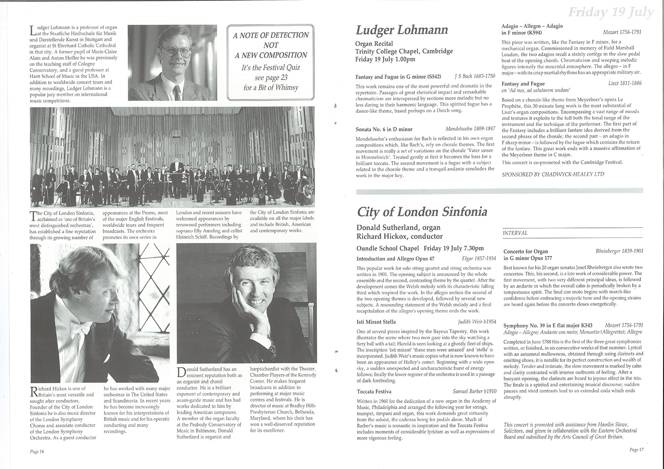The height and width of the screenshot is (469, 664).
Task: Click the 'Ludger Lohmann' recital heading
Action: pyautogui.click(x=402, y=31)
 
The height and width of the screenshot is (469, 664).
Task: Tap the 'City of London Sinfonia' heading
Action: pyautogui.click(x=421, y=212)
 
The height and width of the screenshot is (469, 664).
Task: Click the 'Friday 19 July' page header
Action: pyautogui.click(x=610, y=12)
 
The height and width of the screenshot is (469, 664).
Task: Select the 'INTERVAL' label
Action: pyautogui.click(x=515, y=233)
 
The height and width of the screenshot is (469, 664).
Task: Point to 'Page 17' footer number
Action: pyautogui.click(x=637, y=450)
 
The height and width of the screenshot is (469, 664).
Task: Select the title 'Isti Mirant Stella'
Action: pyautogui.click(x=376, y=322)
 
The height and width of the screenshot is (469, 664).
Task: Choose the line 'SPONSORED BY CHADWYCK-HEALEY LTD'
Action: pyautogui.click(x=553, y=174)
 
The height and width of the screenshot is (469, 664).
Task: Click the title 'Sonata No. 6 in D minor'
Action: pyautogui.click(x=384, y=130)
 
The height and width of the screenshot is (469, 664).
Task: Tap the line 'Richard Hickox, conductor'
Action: pyautogui.click(x=399, y=237)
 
